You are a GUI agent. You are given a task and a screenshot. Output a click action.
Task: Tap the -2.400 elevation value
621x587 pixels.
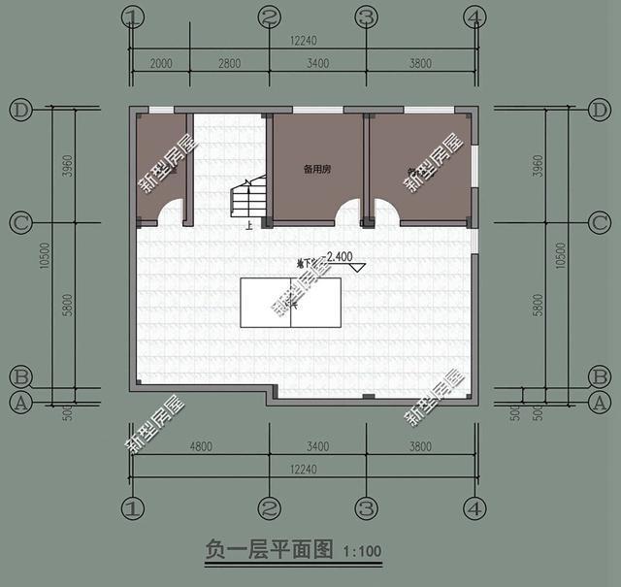(x=341, y=257)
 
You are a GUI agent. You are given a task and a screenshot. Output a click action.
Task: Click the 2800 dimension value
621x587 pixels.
(x=229, y=64)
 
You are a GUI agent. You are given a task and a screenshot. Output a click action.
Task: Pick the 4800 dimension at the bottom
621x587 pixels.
(x=199, y=447)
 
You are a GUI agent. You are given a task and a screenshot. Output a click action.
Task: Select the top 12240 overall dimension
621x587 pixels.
(x=303, y=40)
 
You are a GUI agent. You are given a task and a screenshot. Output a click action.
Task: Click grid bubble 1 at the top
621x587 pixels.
(x=134, y=16)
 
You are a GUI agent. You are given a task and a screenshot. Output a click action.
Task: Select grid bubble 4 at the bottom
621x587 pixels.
(x=474, y=507)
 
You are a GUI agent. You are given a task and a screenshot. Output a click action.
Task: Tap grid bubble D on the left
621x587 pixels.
(x=20, y=110)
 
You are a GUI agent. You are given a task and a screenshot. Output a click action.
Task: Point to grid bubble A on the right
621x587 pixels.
(x=600, y=401)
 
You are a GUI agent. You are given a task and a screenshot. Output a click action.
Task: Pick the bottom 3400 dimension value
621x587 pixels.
(x=317, y=447)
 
